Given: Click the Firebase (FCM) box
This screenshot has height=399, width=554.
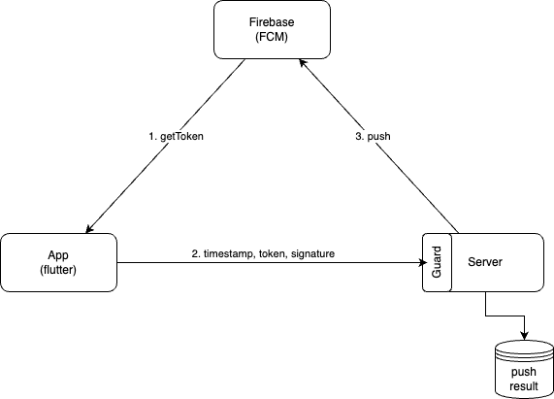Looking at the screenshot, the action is pos(272,30).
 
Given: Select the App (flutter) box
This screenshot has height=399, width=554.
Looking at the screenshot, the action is pos(58,262).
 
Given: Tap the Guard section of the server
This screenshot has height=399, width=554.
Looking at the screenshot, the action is pos(437,262).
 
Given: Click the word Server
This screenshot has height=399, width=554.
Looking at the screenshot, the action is pos(485,262).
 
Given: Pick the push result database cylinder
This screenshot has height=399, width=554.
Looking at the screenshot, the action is pos(524,369).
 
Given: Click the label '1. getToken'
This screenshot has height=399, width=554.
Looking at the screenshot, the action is pos(176,136).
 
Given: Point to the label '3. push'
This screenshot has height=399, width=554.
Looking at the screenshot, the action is pos(373,136).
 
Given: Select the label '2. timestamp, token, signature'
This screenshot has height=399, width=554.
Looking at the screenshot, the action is pos(263,253).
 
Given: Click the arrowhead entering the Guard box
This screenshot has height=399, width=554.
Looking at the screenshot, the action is pos(423,262).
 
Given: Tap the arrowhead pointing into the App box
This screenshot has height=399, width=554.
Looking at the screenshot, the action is pos(89,229).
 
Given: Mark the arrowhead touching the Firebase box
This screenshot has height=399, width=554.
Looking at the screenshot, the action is pos(303,62).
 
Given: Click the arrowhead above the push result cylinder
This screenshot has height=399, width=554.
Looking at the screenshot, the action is pos(524,335).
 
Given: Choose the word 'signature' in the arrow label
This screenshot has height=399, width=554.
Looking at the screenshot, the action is pos(312,254).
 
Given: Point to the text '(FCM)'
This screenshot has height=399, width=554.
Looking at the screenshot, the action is pos(272,37).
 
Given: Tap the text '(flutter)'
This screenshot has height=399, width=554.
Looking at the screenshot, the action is pos(58,270).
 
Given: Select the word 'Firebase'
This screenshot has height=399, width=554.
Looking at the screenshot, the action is pos(272,22).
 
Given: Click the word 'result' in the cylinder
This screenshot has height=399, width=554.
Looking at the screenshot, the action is pos(524,386).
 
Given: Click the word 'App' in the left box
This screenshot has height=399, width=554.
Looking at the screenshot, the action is pos(58,255).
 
